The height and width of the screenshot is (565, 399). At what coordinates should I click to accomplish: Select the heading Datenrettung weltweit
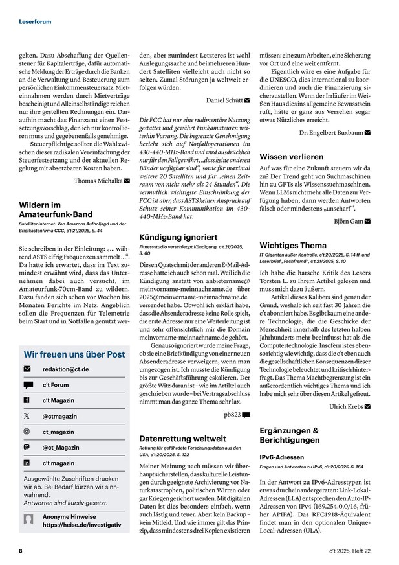pyautogui.click(x=182, y=438)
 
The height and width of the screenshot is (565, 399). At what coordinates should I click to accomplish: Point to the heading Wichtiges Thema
pyautogui.click(x=293, y=246)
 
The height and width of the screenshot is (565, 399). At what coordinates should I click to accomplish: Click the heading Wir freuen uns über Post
pyautogui.click(x=74, y=354)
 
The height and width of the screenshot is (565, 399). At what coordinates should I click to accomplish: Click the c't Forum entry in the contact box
pyautogui.click(x=56, y=385)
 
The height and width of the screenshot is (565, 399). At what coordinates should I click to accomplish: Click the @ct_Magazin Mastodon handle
pyautogui.click(x=61, y=448)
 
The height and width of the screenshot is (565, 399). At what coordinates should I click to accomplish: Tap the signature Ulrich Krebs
pyautogui.click(x=347, y=406)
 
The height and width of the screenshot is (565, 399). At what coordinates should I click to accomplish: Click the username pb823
pyautogui.click(x=232, y=414)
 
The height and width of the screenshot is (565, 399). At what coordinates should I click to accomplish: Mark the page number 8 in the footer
pyautogui.click(x=21, y=551)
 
